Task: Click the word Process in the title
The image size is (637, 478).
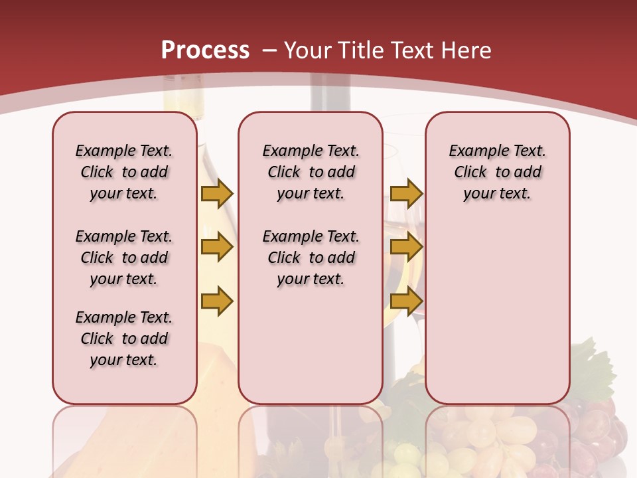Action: [x=205, y=50]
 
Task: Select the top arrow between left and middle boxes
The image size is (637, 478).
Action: [x=216, y=194]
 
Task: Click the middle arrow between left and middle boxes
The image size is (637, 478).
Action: [x=216, y=248]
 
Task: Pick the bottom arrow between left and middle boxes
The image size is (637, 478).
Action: [x=216, y=301]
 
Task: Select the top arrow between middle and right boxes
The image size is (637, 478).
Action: [x=406, y=194]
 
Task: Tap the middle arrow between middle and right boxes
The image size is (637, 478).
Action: [x=406, y=248]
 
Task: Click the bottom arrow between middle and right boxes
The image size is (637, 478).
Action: [x=406, y=301]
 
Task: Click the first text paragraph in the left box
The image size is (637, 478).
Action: [x=124, y=172]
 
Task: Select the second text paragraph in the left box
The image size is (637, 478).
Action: [x=124, y=258]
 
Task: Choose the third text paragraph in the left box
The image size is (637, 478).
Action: [x=124, y=339]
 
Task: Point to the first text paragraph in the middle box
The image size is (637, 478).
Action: [x=311, y=172]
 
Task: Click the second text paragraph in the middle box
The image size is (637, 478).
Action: [x=311, y=258]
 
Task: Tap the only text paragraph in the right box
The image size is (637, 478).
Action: [x=497, y=172]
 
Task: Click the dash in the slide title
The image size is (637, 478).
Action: [x=269, y=50]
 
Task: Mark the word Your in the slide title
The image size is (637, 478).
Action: [x=308, y=50]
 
